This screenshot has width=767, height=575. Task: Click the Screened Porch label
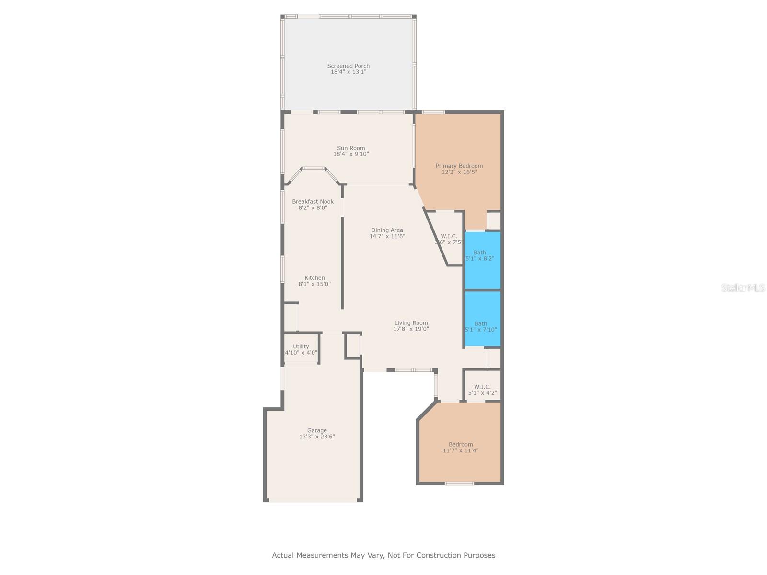348,66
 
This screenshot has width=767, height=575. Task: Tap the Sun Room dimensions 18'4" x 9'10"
351,154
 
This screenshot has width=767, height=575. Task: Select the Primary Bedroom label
459,166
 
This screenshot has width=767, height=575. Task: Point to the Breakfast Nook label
313,201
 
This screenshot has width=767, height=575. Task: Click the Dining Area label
387,230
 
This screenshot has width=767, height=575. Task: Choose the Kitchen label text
314,278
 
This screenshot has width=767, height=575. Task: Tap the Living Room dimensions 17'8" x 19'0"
411,329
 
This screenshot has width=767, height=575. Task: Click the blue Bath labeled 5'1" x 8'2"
482,260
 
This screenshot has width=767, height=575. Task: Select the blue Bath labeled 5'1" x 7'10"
482,319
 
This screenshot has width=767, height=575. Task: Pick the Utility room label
301,346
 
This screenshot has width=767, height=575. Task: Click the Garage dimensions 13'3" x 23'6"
316,437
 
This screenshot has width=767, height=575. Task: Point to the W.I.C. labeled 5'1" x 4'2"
482,387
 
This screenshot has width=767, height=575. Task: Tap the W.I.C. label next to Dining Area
449,236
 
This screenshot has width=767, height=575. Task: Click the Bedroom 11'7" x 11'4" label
461,447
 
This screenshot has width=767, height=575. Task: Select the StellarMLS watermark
743,287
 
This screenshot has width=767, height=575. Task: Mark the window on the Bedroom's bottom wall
459,483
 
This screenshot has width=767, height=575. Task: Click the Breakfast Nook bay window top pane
314,168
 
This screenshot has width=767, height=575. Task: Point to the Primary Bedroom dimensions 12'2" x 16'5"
459,172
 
